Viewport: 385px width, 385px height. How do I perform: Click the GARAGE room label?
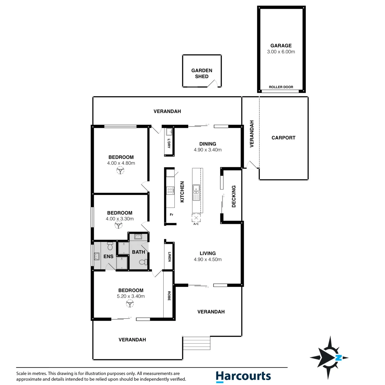[x=281, y=46]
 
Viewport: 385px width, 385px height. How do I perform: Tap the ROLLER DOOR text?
[x=281, y=87]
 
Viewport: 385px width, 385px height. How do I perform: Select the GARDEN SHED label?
[x=201, y=73]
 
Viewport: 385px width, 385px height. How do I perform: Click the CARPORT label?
[x=283, y=138]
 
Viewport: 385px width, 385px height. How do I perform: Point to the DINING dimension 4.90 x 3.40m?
[x=207, y=150]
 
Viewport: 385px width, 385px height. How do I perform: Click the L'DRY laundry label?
[x=169, y=144]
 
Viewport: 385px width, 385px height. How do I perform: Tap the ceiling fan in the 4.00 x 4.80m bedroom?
[x=121, y=171]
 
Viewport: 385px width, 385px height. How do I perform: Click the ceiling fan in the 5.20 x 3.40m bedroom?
[x=130, y=303]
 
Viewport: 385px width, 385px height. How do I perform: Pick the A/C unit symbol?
[x=196, y=218]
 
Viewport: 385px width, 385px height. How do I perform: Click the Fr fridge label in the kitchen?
[x=171, y=215]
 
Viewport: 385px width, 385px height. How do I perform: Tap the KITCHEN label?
[x=182, y=192]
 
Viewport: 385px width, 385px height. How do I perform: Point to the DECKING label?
[x=234, y=196]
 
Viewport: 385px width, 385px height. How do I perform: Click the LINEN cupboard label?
[x=169, y=256]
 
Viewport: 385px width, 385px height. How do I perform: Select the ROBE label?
[x=169, y=296]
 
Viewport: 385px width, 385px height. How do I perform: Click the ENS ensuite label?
[x=109, y=256]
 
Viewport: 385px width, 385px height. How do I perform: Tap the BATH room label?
[x=139, y=252]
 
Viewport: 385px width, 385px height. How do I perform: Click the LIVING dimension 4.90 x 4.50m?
[x=207, y=260]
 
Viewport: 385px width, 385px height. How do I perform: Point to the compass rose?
[x=329, y=357]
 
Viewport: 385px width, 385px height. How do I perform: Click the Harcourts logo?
[x=243, y=376]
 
